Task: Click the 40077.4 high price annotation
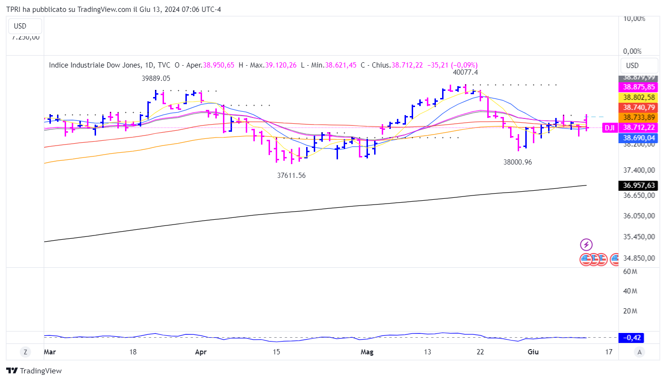(465, 72)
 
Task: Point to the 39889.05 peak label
(156, 78)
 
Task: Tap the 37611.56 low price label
(291, 176)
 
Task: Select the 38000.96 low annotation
(518, 162)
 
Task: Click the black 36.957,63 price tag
(639, 186)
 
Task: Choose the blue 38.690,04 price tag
(639, 138)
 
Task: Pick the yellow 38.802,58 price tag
(639, 97)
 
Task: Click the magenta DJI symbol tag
(610, 127)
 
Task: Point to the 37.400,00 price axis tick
(639, 170)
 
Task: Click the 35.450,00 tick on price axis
(639, 237)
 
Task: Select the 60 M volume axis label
(630, 271)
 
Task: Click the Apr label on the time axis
(201, 352)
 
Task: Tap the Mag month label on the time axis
(367, 352)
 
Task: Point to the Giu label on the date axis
(533, 352)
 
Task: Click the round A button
(640, 352)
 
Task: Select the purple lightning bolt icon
(586, 245)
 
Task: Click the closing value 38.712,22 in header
(407, 65)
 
